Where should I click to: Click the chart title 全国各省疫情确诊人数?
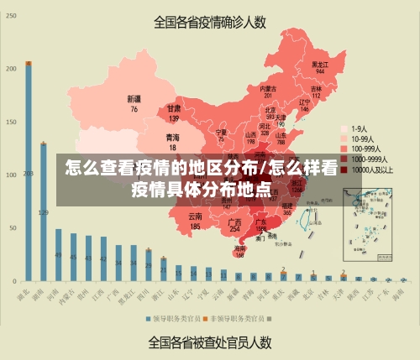(x=209, y=23)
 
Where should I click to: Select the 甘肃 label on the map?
(x=174, y=109)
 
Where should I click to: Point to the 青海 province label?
(x=172, y=138)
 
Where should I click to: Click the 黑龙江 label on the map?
(x=320, y=64)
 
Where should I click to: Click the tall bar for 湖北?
(x=29, y=172)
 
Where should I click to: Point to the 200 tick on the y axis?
(x=12, y=69)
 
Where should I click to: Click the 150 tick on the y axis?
(x=12, y=122)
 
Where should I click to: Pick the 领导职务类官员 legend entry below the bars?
(x=175, y=319)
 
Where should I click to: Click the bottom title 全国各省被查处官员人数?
(x=209, y=342)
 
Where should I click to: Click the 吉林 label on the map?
(x=316, y=88)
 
